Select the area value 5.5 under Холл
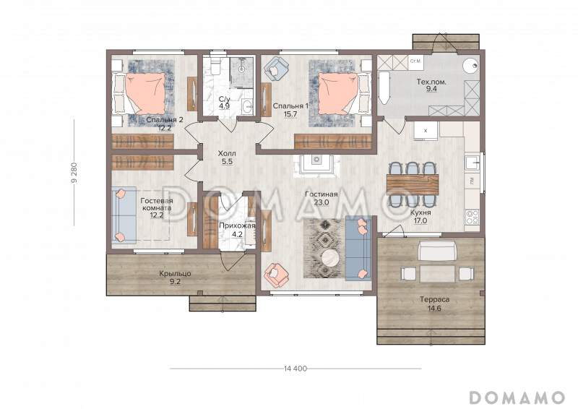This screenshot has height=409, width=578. [x=226, y=163]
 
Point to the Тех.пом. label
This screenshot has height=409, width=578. [x=431, y=82]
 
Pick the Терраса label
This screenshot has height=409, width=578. [x=434, y=299]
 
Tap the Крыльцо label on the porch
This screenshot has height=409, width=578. [x=175, y=274]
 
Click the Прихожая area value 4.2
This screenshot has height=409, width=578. [x=237, y=234]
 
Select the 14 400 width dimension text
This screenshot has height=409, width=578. [x=296, y=369]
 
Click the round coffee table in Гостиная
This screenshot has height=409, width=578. [x=329, y=258]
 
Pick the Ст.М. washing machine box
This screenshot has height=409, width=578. [x=415, y=62]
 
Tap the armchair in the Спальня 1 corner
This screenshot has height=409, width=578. [x=275, y=69]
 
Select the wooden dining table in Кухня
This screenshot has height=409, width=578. [x=412, y=181]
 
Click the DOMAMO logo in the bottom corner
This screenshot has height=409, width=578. [x=517, y=397]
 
